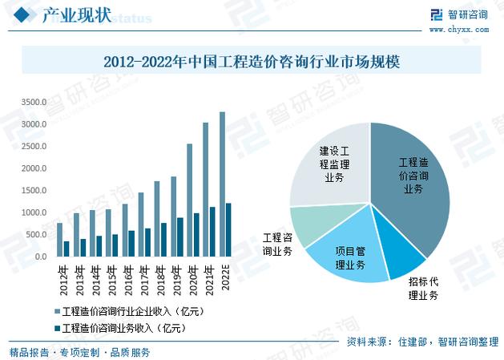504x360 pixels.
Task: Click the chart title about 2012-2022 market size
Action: tap(252, 60)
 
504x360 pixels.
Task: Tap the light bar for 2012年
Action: tap(59, 240)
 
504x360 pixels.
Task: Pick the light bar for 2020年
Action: tap(189, 200)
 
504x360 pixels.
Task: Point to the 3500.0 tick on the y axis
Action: tap(34, 103)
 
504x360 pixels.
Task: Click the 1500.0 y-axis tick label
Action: tap(34, 191)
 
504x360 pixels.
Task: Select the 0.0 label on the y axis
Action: tap(40, 257)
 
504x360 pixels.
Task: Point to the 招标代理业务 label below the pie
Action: tap(423, 289)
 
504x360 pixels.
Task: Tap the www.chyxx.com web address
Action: tap(459, 30)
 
